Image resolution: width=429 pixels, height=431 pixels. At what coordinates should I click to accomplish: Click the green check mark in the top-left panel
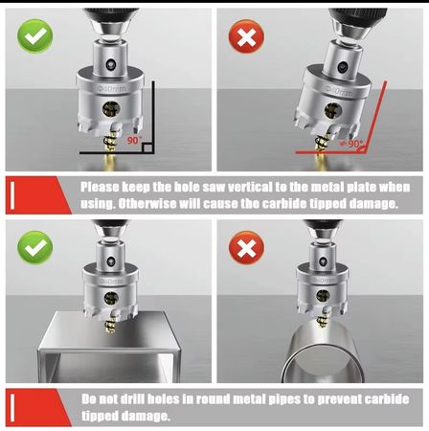pos(35,36)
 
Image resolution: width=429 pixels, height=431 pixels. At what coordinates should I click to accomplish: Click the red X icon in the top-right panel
pos(246,36)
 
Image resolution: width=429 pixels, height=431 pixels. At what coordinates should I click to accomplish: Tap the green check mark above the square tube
pos(35,247)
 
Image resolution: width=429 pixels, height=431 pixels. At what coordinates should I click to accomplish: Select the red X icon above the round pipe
pos(246,248)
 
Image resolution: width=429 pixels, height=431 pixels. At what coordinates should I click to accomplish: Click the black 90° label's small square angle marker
pos(147,147)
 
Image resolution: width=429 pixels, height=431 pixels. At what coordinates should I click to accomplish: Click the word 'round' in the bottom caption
pos(214,399)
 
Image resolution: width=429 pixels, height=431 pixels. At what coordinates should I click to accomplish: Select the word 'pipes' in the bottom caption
pos(283,399)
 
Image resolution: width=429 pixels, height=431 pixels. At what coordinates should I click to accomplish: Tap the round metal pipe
pos(323,353)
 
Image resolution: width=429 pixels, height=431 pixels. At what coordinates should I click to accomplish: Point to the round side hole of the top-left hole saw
pos(111,109)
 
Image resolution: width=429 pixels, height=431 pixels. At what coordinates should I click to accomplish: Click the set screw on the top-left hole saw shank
pos(110,64)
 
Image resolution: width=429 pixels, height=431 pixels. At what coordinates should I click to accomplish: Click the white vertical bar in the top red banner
pos(12,195)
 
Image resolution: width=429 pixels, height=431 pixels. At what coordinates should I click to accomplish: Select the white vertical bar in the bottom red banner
pos(12,408)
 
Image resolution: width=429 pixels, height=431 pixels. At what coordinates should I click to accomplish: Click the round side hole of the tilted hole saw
pos(333,111)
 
